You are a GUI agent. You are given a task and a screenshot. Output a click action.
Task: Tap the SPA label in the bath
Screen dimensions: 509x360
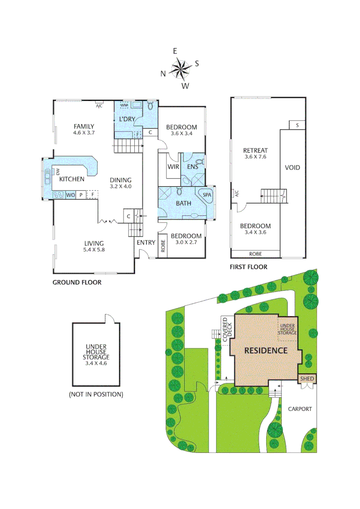206,195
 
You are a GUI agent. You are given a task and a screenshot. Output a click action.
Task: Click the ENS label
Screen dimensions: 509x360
193,167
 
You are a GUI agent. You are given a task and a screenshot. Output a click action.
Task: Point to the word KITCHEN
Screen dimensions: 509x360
72,179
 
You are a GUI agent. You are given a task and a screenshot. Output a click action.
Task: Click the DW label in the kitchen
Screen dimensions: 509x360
58,172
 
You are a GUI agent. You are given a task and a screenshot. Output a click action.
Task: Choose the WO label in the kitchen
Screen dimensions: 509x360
71,195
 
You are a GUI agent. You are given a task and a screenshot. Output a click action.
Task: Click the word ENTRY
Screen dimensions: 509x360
146,243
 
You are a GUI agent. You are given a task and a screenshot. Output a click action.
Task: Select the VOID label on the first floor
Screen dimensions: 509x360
292,168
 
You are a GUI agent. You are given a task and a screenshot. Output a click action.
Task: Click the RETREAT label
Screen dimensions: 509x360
255,150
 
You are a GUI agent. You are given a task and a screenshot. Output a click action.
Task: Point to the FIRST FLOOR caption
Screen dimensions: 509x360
248,267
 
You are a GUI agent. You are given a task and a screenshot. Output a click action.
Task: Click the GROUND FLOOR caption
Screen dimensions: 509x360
77,283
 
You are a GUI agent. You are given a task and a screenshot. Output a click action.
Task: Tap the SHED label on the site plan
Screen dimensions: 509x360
307,379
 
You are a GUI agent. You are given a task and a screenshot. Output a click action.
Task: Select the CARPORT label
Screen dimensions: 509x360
300,409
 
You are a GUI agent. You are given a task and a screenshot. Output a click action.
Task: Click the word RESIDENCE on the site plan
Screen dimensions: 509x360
266,351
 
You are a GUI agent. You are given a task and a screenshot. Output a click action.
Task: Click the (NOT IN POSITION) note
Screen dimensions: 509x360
96,394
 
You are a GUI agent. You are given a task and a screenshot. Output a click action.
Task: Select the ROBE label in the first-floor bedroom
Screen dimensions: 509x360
255,254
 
